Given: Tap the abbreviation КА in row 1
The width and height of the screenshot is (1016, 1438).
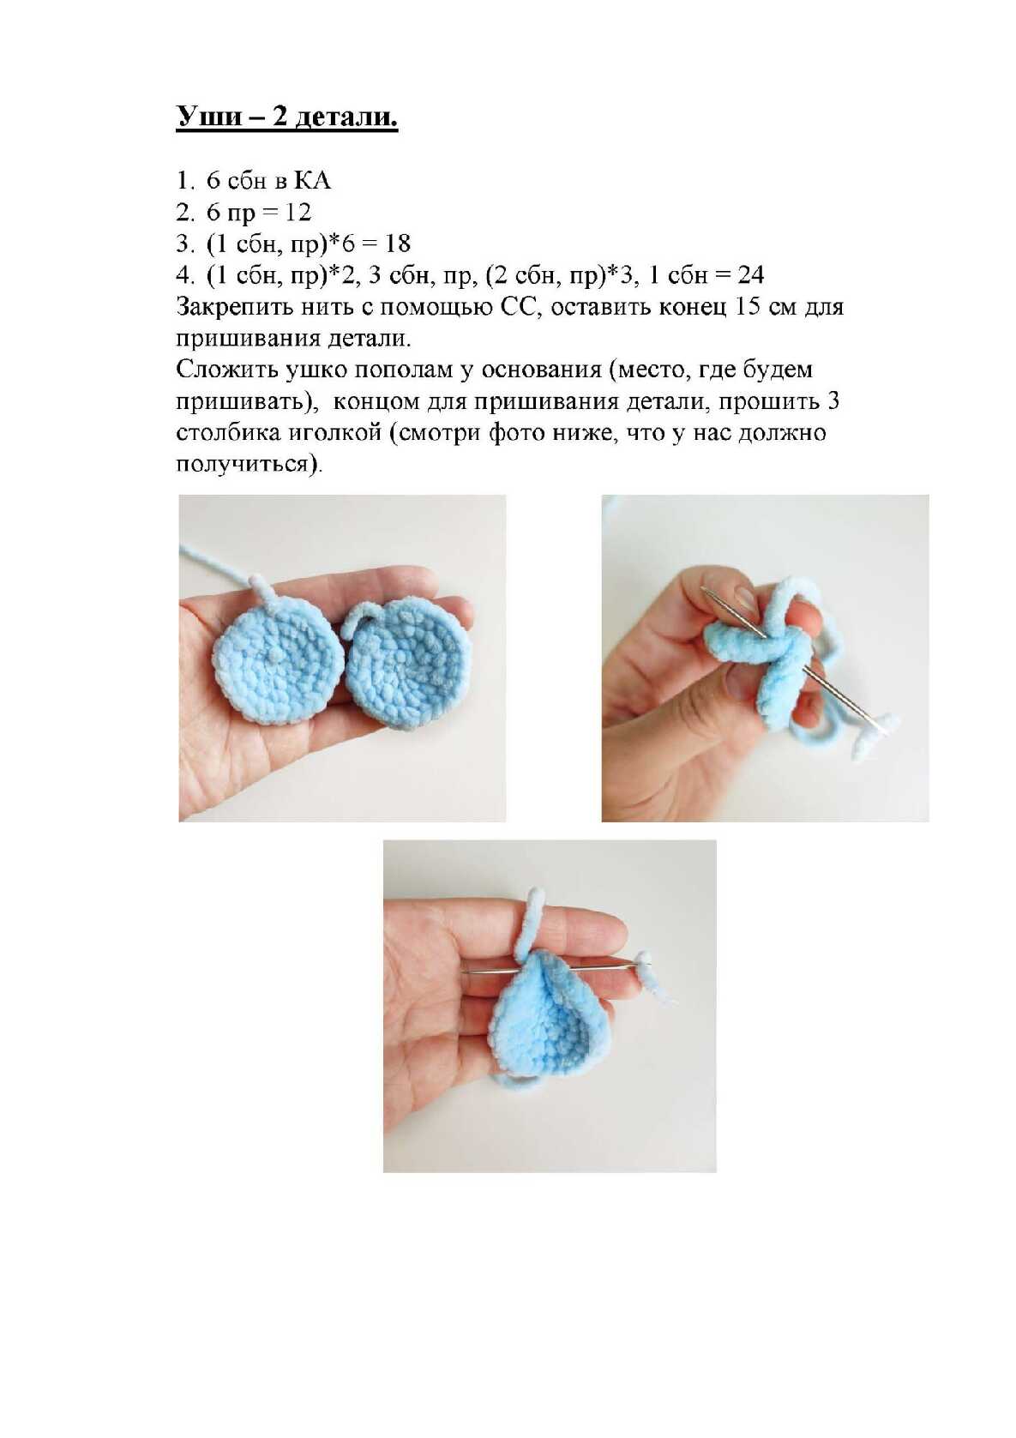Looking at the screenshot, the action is (x=312, y=181).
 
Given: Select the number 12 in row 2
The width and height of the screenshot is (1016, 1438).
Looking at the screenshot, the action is (x=298, y=213).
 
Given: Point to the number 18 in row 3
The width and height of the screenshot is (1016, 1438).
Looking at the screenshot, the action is (x=397, y=244).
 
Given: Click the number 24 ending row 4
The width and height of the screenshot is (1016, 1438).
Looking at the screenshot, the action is (x=750, y=275).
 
